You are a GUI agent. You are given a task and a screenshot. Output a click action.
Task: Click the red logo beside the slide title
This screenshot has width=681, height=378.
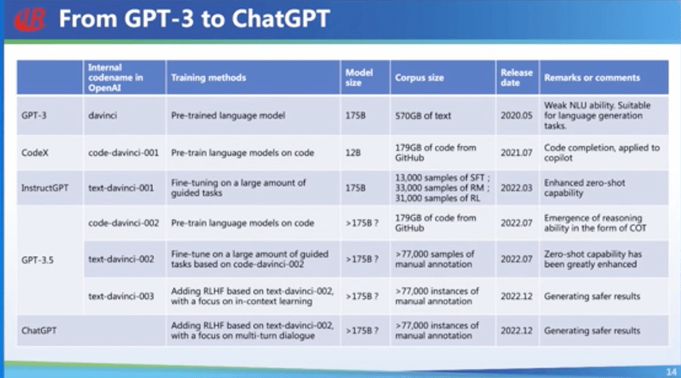[29, 20]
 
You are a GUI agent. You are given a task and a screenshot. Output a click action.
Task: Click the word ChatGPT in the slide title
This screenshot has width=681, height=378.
[281, 18]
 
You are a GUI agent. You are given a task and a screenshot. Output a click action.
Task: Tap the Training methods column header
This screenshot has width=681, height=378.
[208, 78]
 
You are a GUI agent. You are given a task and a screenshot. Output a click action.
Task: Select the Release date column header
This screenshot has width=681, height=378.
[516, 78]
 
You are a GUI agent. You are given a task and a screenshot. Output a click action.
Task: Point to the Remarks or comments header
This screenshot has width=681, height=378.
[592, 78]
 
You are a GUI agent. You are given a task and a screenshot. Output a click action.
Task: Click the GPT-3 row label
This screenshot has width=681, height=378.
[34, 116]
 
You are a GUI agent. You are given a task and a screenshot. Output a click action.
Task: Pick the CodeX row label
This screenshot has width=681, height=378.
[35, 152]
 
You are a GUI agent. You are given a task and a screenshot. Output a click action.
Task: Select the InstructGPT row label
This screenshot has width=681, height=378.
[45, 188]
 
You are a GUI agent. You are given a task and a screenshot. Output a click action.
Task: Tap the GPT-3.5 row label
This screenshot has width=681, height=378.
[37, 260]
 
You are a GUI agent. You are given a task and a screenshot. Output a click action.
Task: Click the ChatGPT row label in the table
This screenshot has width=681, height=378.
[39, 330]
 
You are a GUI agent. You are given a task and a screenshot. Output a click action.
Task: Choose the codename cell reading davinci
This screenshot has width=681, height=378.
[103, 116]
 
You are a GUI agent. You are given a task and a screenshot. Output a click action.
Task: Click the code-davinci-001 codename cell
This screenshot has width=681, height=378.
[123, 152]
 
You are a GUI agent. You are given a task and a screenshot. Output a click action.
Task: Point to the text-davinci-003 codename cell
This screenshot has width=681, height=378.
[121, 296]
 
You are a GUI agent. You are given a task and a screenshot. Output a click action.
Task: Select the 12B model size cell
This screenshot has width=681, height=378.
[353, 152]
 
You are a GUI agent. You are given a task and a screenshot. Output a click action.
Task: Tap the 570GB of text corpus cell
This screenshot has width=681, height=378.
[423, 116]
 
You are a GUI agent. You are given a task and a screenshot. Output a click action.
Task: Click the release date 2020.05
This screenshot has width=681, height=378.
[516, 116]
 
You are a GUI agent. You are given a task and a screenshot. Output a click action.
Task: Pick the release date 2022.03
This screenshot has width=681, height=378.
[516, 188]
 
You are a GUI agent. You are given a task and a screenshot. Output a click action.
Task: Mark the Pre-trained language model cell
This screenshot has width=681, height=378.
[228, 116]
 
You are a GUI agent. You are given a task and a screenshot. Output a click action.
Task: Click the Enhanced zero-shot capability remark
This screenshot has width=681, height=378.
[584, 188]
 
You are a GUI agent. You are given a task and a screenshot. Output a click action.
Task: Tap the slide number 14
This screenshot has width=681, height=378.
[671, 371]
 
